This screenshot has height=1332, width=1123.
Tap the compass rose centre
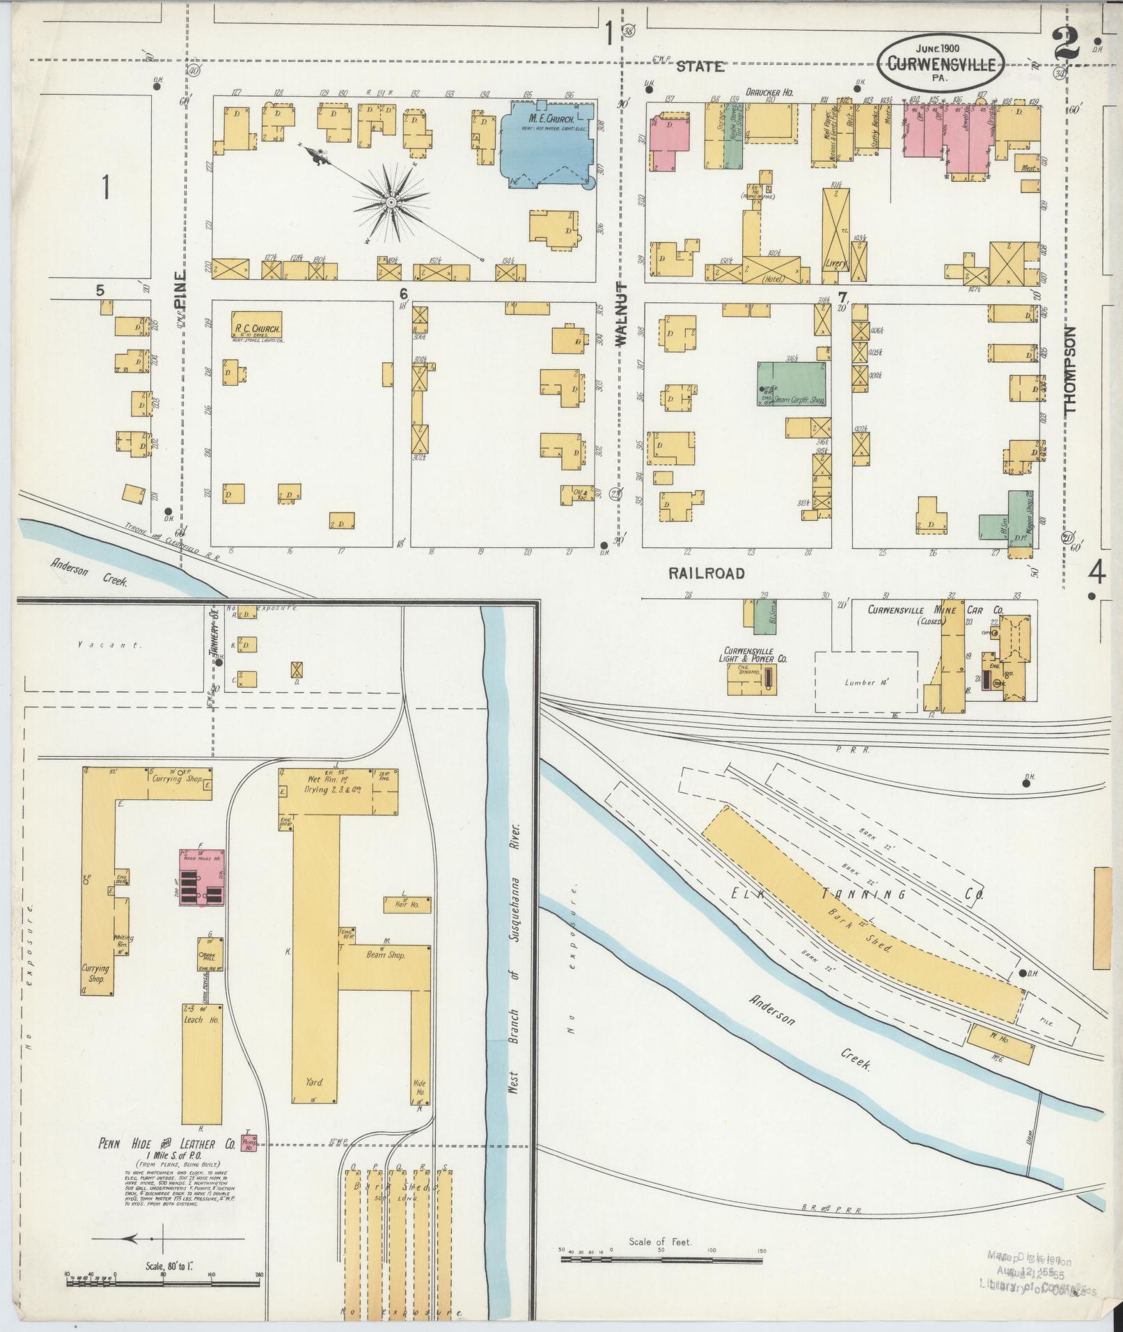(x=391, y=202)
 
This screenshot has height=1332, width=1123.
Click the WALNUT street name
(x=621, y=315)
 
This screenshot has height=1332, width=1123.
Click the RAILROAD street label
(x=707, y=573)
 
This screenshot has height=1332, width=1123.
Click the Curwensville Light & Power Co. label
(x=755, y=654)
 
